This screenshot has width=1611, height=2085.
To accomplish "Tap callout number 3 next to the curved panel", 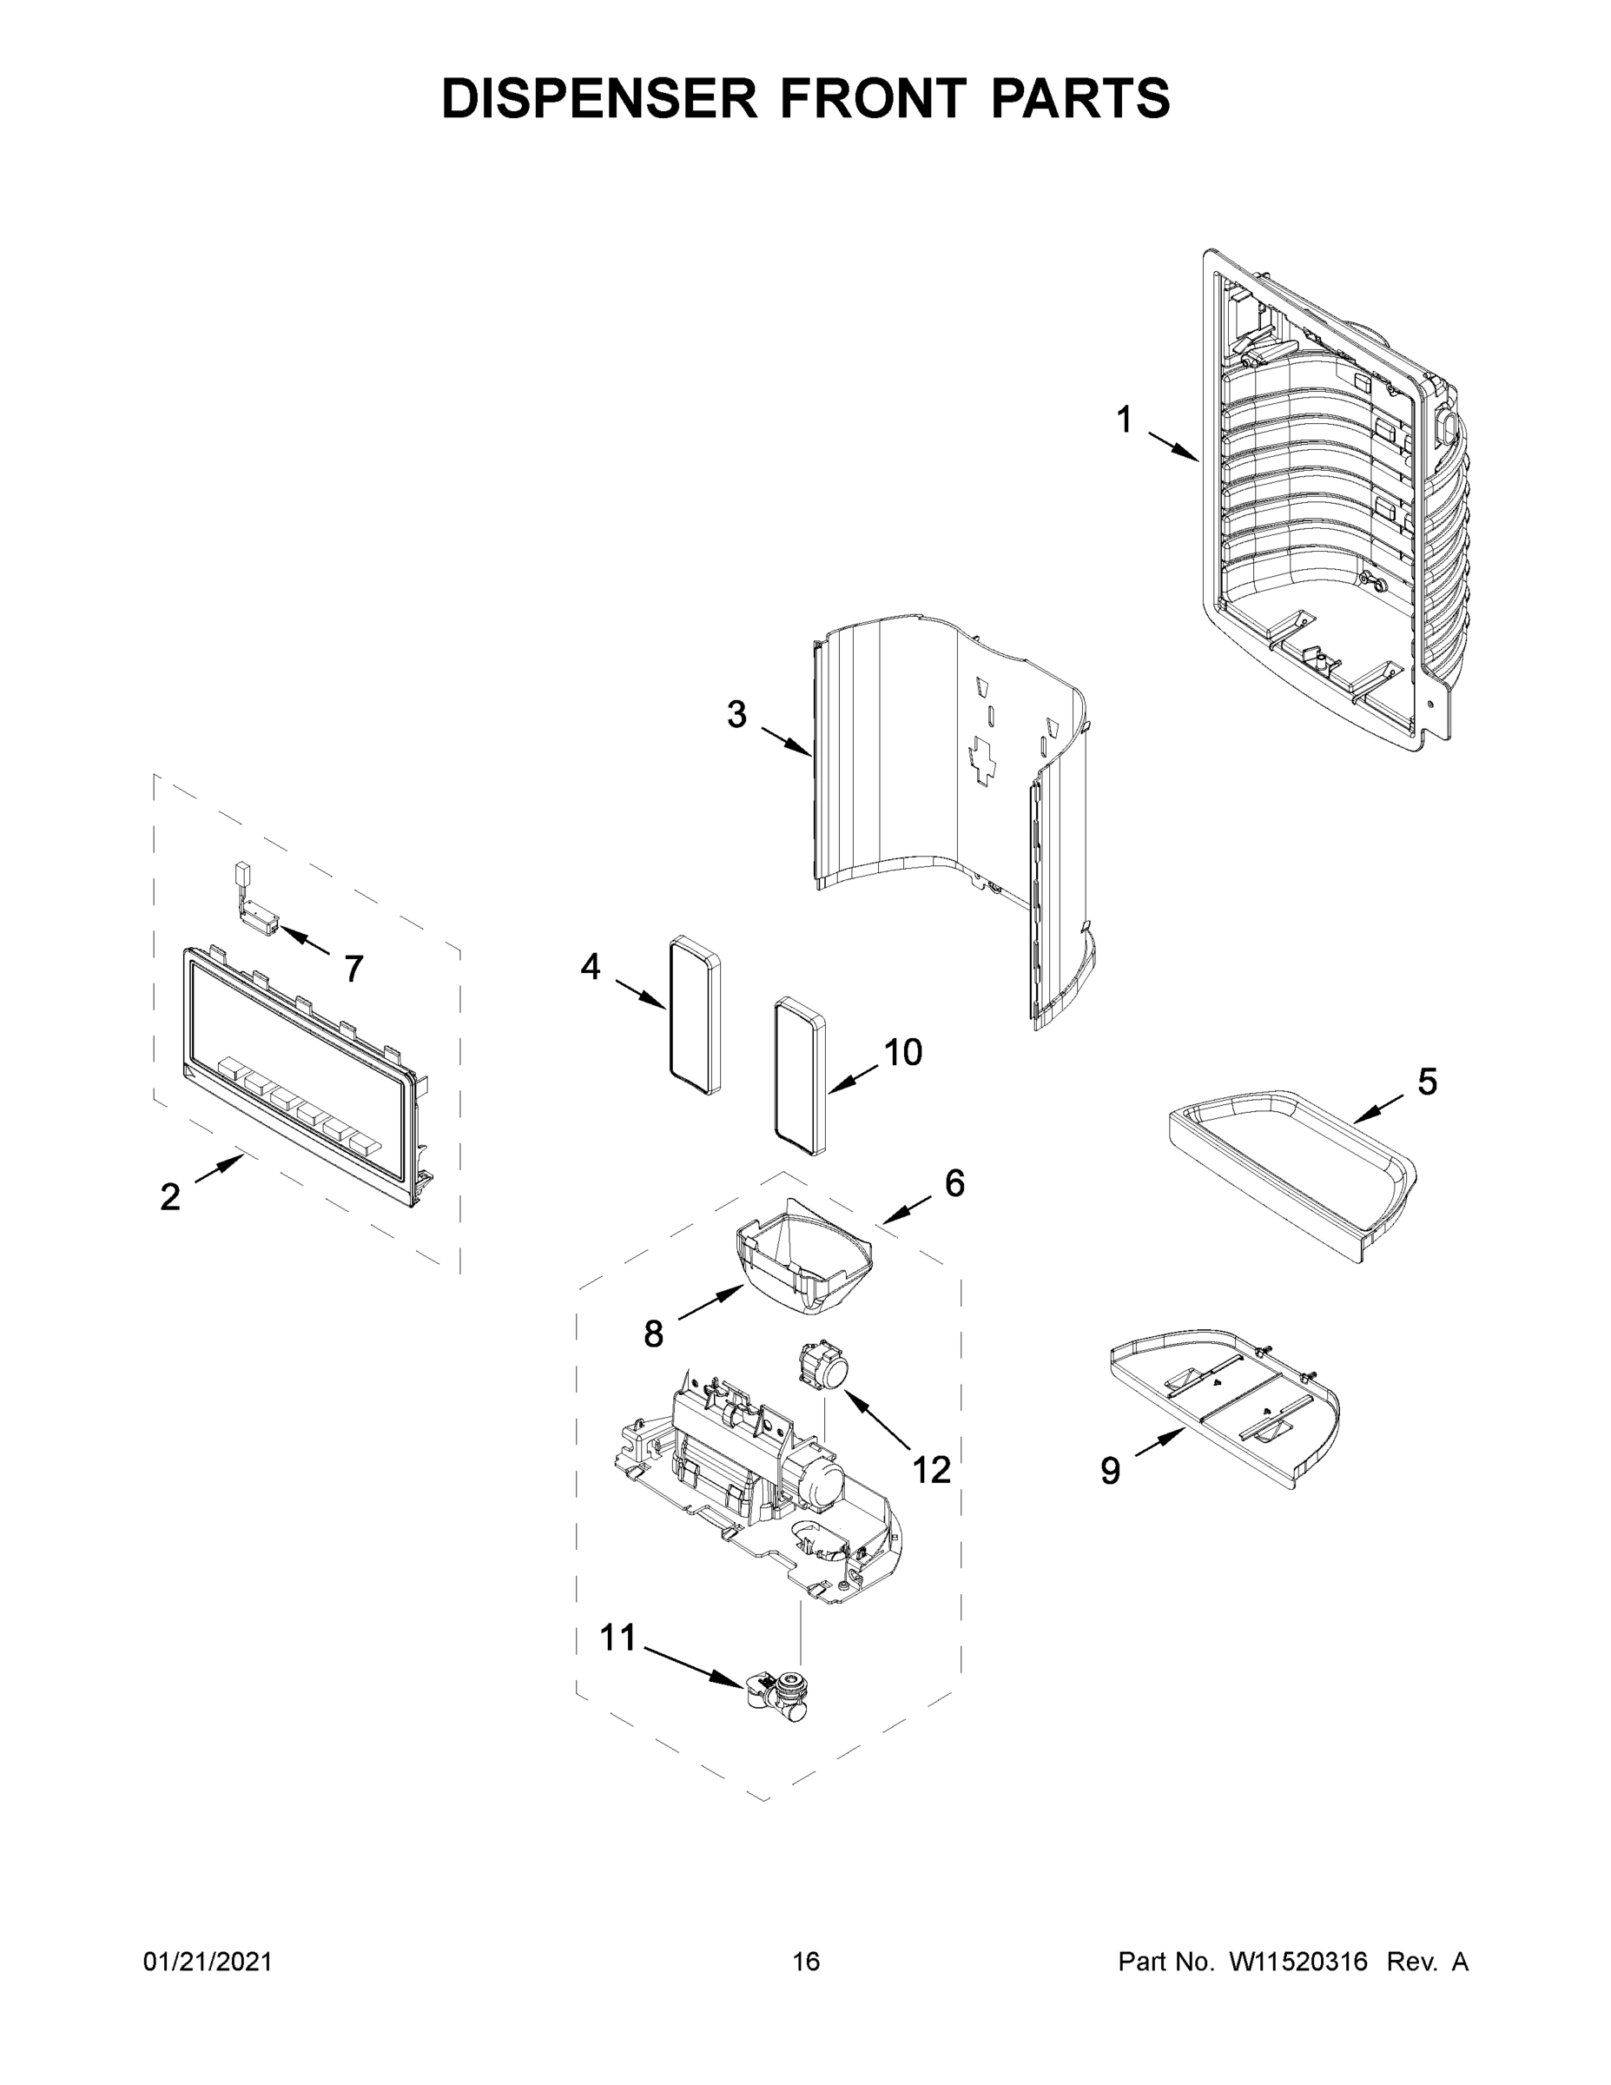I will tap(736, 714).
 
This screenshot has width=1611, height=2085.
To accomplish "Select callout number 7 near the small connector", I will tap(353, 969).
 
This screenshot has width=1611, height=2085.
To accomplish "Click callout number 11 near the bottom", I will tap(617, 1638).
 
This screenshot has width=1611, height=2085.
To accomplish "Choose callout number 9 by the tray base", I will tap(1110, 1471).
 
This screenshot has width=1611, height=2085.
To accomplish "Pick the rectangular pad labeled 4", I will tap(694, 1014).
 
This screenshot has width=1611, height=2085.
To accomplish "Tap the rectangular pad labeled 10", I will tap(800, 1076).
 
